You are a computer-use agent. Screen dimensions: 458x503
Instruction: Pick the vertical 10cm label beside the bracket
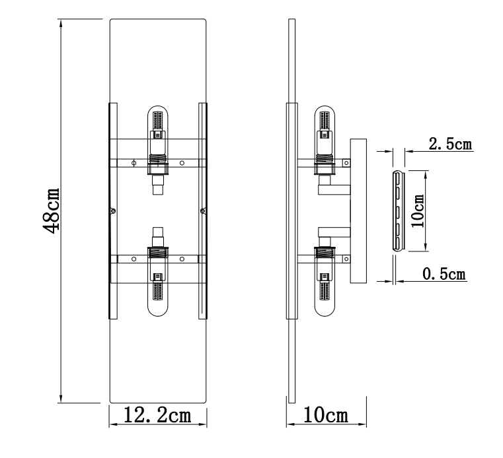[416, 211]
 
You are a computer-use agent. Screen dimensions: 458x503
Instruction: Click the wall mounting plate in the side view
[358, 211]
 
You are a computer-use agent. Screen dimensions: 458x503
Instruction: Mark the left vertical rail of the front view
[112, 211]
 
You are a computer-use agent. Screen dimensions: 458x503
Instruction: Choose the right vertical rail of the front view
[204, 211]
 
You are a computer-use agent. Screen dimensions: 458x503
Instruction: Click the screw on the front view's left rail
[113, 211]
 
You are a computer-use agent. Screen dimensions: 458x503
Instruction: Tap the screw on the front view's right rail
[202, 211]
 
